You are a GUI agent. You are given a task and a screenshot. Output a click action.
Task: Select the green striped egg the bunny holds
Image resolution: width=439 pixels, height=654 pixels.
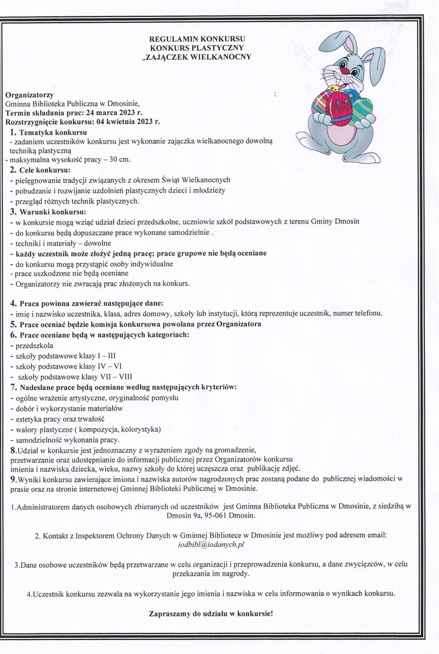pos(362,111)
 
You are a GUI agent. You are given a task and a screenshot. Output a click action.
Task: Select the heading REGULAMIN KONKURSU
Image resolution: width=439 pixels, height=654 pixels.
pos(197,39)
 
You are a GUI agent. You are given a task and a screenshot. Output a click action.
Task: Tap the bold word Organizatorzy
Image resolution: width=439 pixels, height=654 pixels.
pos(29,94)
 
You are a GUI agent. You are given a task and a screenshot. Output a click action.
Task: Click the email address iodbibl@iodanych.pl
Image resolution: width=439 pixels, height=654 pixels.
pos(211,545)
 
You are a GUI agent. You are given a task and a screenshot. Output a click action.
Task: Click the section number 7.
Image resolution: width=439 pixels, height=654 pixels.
pos(14,386)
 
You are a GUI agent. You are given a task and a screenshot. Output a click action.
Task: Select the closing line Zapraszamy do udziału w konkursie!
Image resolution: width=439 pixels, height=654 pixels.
pos(211,613)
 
